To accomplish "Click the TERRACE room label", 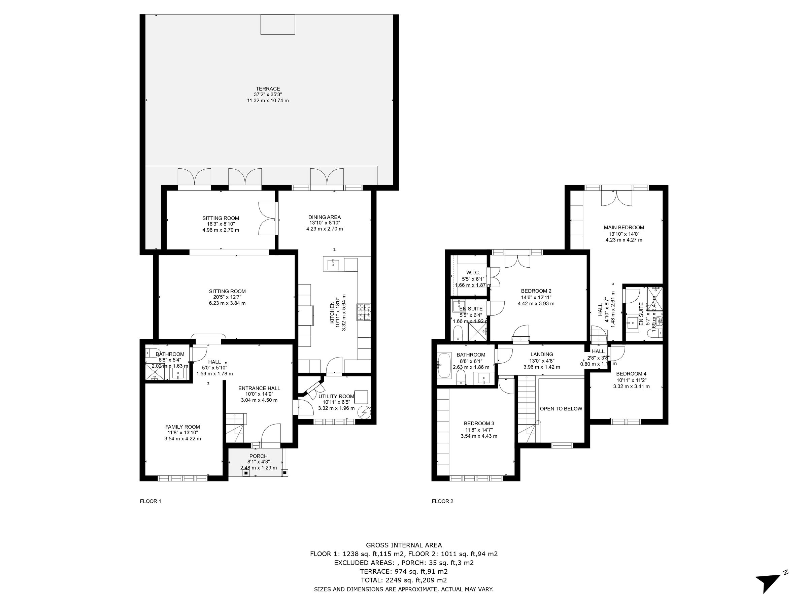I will (x=268, y=89).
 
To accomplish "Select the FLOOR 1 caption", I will (x=150, y=501).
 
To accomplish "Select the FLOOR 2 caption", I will (x=442, y=501).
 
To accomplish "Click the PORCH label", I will (x=258, y=456).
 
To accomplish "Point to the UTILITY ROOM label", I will (x=336, y=396).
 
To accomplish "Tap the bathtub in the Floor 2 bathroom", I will (x=444, y=365).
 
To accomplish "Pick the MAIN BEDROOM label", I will (x=624, y=228).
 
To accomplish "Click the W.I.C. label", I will (x=473, y=273).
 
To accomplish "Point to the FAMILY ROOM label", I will (x=182, y=427).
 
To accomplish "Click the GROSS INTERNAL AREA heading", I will (x=404, y=545).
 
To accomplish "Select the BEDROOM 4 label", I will (x=631, y=374).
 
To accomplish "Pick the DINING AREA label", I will (x=324, y=217).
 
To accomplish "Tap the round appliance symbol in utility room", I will (x=364, y=412).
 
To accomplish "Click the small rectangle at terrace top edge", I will (x=278, y=25).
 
